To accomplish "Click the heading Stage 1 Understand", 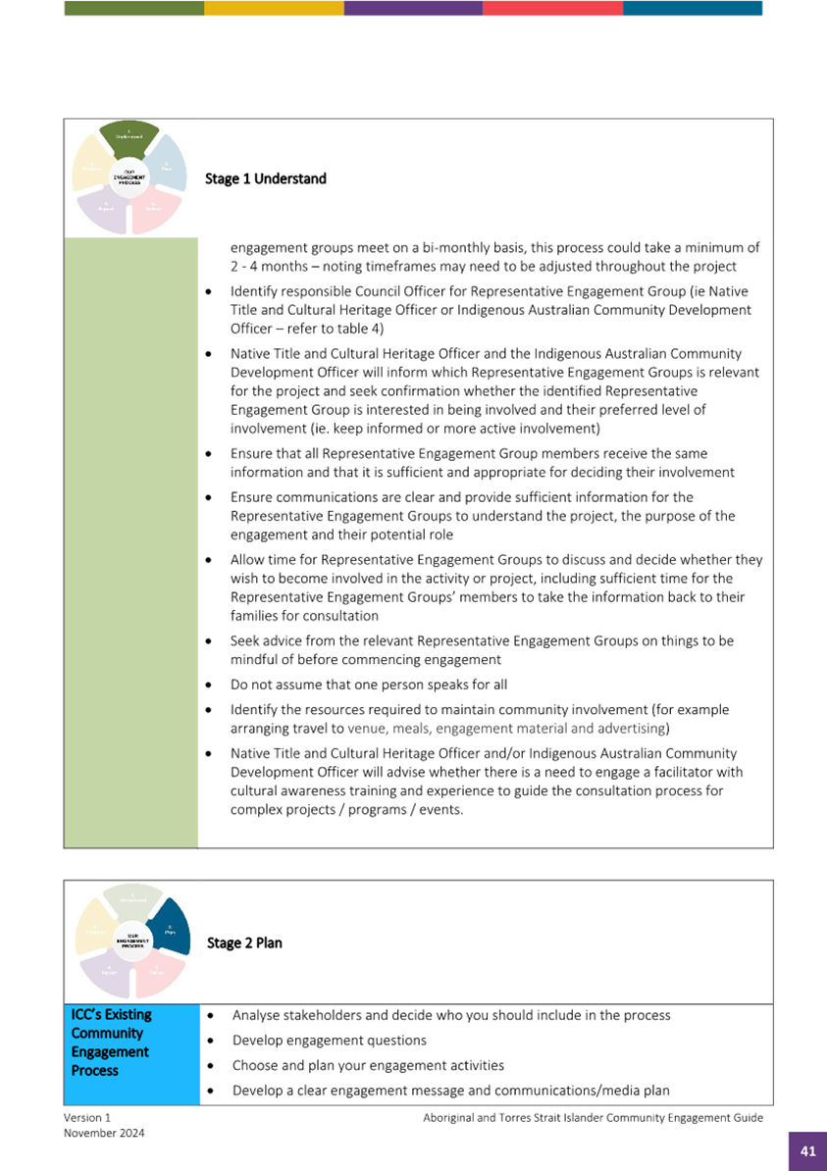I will tap(265, 178).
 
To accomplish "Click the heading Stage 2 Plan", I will tap(244, 942).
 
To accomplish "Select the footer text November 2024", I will tap(104, 1133).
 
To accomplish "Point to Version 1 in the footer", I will tap(87, 1117).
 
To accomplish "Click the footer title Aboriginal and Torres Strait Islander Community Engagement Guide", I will tap(593, 1117).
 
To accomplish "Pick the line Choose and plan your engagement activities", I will tap(368, 1065).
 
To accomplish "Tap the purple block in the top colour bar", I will tap(413, 8).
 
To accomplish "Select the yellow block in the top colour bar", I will tap(274, 8).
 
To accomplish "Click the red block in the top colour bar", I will tap(552, 8).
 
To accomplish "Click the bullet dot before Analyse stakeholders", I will tap(213, 1016).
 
